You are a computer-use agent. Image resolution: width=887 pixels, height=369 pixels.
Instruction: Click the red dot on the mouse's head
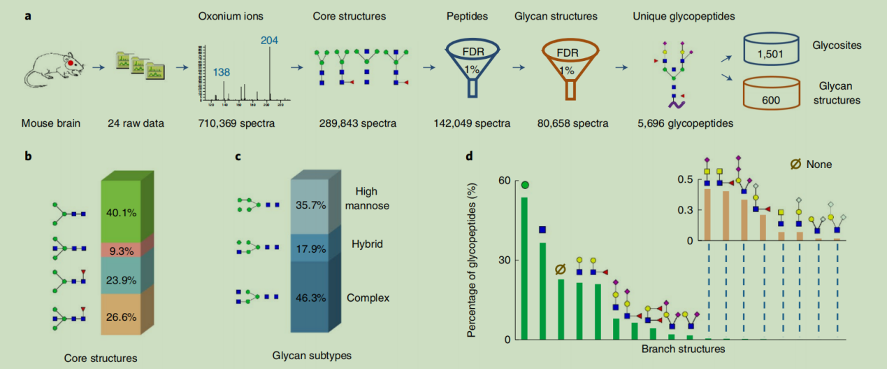[71, 64]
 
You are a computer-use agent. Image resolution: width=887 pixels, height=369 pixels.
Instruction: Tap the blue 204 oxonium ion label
[269, 40]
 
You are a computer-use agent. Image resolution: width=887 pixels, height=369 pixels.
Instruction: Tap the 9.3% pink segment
[122, 249]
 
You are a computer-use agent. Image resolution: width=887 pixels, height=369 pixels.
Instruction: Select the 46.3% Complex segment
[309, 298]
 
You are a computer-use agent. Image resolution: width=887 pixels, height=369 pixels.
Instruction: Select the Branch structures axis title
[682, 349]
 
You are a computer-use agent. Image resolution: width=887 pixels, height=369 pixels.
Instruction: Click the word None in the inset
[819, 165]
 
